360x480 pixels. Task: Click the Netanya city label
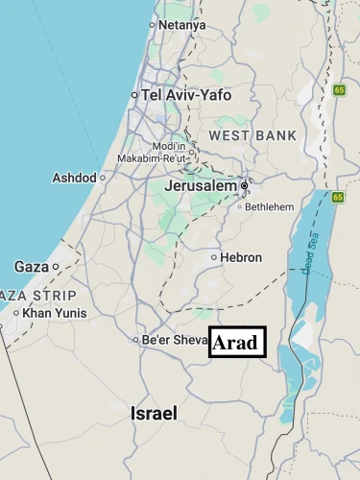point(182,24)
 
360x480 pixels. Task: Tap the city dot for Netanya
point(152,24)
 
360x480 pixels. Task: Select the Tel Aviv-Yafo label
point(188,95)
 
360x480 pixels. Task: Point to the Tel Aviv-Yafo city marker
point(134,95)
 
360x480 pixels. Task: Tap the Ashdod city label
point(73,178)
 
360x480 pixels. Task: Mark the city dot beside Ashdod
point(103,178)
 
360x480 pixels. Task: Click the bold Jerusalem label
point(201,185)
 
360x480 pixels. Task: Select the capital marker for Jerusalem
point(245,185)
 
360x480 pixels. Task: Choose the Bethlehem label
point(269,206)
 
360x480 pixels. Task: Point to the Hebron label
point(241,257)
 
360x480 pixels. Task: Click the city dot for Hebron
point(214,257)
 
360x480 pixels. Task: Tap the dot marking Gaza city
point(56,266)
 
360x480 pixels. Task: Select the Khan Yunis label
point(54,313)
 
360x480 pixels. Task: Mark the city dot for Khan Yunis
point(16,313)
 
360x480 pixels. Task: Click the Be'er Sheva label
point(174,339)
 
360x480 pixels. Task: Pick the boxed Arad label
point(237,342)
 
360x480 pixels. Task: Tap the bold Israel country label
point(154,414)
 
